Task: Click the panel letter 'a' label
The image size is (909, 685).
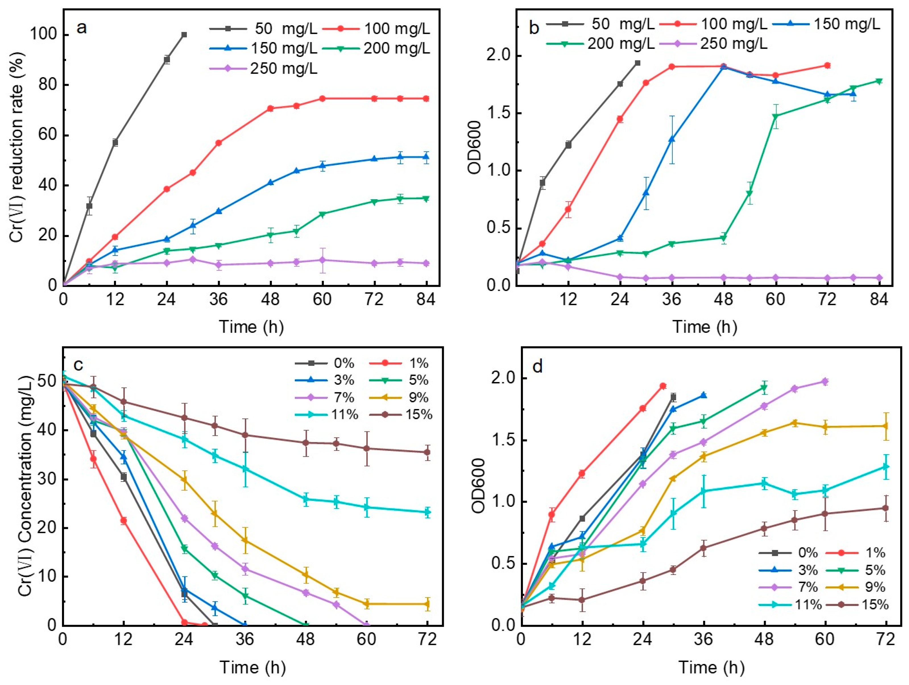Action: pos(82,28)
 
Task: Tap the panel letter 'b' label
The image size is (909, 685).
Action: pos(534,28)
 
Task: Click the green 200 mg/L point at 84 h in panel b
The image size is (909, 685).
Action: pos(879,81)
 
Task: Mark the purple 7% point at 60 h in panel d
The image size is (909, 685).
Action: pos(824,382)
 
